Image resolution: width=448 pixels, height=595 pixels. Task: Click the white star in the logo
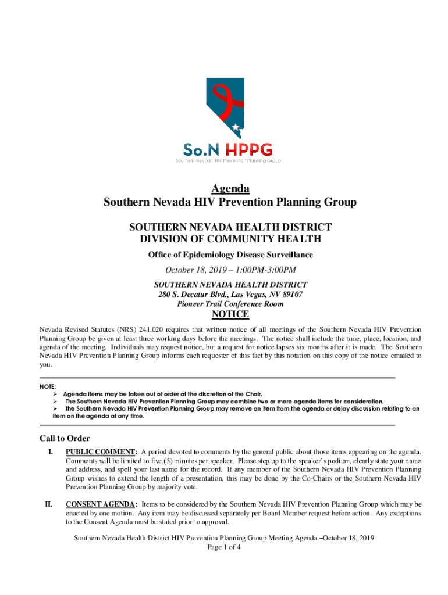(x=235, y=127)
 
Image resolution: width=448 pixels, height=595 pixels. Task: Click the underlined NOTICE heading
(x=230, y=315)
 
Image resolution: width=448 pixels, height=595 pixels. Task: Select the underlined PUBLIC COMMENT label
(x=101, y=451)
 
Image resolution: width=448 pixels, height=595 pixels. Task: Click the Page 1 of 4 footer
(x=224, y=547)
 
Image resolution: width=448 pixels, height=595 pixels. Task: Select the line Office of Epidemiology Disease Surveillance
(x=230, y=255)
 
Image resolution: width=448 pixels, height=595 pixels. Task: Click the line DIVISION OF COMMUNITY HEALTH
(x=230, y=239)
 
